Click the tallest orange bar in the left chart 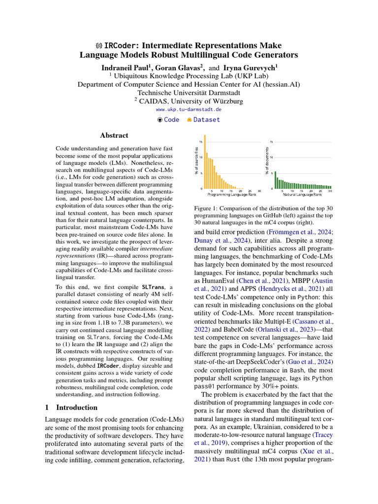coord(205,162)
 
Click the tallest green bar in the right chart coord(275,180)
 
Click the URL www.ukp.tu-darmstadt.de coord(189,109)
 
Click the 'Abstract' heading coord(114,135)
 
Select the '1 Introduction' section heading coord(71,408)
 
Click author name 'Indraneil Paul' coord(125,67)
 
